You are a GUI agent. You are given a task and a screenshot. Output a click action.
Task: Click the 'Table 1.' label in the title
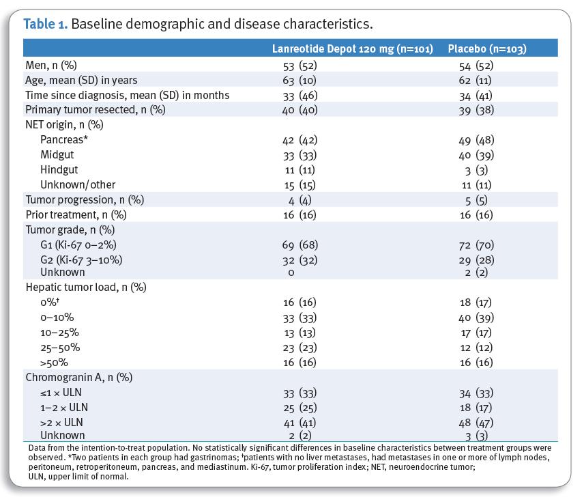[46, 24]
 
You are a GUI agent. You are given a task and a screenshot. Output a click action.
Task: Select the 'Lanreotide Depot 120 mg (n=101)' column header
[352, 49]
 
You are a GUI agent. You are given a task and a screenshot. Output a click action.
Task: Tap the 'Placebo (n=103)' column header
[487, 49]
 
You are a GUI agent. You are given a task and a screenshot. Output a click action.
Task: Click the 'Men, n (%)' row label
[51, 66]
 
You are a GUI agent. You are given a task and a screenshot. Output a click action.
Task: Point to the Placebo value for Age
[475, 81]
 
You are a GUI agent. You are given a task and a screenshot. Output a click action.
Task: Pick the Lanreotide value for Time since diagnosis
[300, 96]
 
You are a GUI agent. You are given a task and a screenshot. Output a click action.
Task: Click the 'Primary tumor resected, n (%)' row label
[96, 110]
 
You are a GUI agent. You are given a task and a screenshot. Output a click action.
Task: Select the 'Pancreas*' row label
[64, 140]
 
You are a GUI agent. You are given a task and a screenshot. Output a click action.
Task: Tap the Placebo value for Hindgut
[476, 170]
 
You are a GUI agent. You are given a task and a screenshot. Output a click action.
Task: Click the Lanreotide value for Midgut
[300, 155]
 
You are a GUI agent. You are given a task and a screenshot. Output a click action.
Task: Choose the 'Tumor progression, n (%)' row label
[85, 200]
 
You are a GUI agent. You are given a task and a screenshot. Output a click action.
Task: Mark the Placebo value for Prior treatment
[476, 215]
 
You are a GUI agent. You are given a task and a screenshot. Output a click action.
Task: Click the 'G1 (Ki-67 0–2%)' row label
[78, 245]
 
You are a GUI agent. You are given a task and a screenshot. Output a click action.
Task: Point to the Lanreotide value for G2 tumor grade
[300, 260]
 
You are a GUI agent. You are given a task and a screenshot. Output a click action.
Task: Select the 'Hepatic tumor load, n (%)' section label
[86, 288]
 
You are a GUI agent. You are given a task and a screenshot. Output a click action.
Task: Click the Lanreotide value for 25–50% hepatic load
[300, 348]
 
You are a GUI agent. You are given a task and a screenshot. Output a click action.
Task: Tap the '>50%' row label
[55, 363]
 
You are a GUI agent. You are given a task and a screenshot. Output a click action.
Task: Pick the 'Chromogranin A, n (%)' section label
[79, 378]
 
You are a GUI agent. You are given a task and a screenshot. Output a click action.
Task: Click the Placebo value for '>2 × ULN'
[476, 423]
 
